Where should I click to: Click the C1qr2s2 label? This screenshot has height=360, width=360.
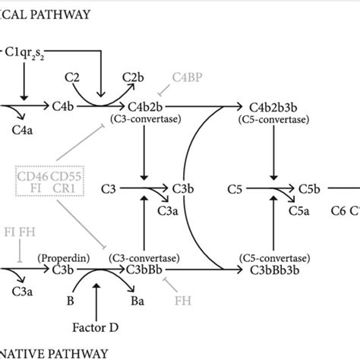[30, 55]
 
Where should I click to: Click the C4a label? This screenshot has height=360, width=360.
[23, 130]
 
